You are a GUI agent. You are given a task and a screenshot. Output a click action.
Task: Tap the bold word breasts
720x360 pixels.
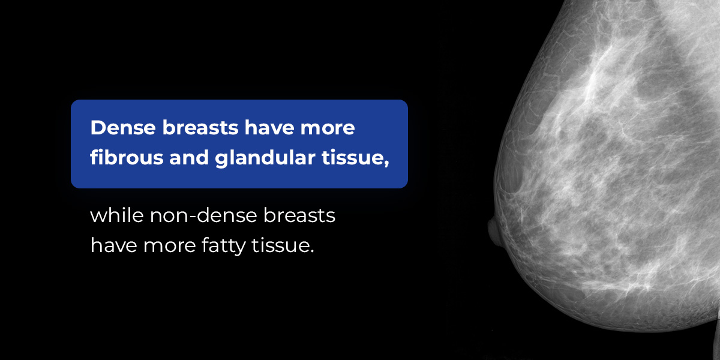pyautogui.click(x=200, y=128)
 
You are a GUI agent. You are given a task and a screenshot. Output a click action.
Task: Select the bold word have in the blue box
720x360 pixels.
pyautogui.click(x=269, y=128)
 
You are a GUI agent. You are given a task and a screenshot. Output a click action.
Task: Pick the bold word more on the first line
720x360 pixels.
pyautogui.click(x=328, y=129)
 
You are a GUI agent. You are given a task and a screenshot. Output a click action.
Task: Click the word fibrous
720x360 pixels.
pyautogui.click(x=127, y=157)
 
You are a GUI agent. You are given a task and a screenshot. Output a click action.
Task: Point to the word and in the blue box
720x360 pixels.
pyautogui.click(x=190, y=157)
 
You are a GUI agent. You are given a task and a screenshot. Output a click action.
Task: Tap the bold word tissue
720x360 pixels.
pyautogui.click(x=352, y=157)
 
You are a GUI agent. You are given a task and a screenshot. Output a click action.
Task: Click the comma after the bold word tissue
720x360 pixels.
pyautogui.click(x=386, y=164)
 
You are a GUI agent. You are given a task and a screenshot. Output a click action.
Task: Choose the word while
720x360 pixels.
pyautogui.click(x=116, y=215)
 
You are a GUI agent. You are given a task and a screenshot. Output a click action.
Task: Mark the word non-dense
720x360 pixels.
pyautogui.click(x=203, y=215)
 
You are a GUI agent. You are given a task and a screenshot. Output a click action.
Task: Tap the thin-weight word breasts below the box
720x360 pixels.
pyautogui.click(x=299, y=215)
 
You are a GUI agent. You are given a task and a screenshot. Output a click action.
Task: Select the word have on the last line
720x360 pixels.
pyautogui.click(x=113, y=245)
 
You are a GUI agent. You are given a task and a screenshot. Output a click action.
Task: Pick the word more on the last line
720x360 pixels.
pyautogui.click(x=169, y=247)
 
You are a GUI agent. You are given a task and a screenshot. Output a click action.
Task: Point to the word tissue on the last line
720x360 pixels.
pyautogui.click(x=278, y=245)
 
